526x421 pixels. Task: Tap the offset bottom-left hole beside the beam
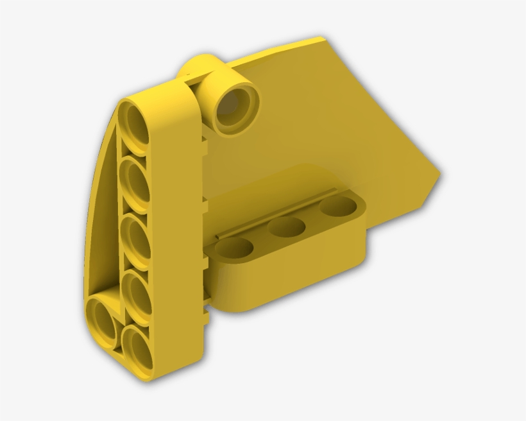click(102, 318)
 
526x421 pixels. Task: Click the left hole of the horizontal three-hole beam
click(233, 247)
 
